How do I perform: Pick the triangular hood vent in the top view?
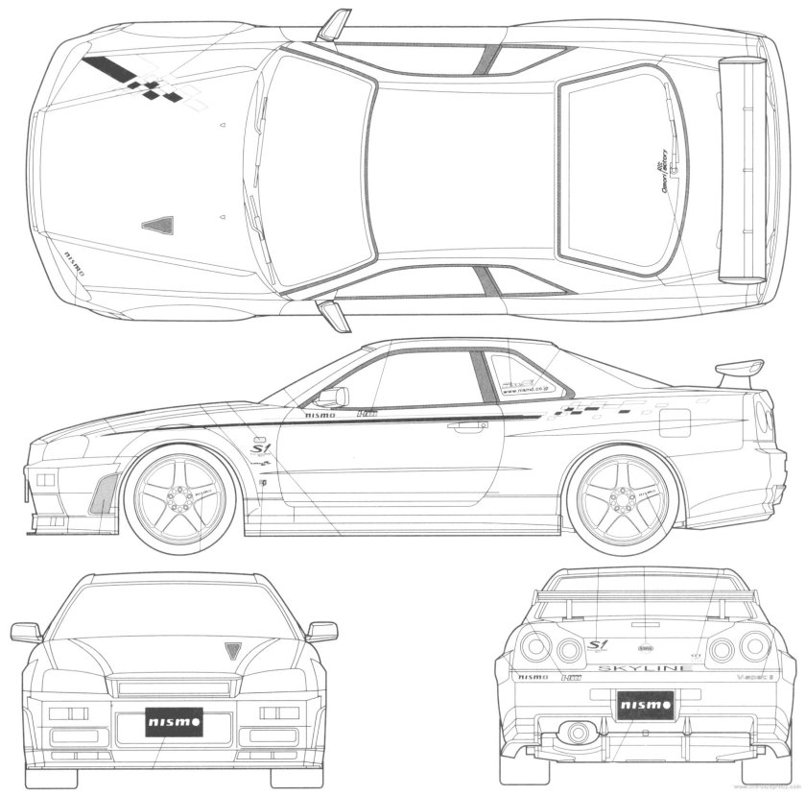156,225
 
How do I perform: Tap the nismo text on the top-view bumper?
75,261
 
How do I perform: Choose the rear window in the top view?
614,171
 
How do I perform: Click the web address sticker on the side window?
523,390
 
